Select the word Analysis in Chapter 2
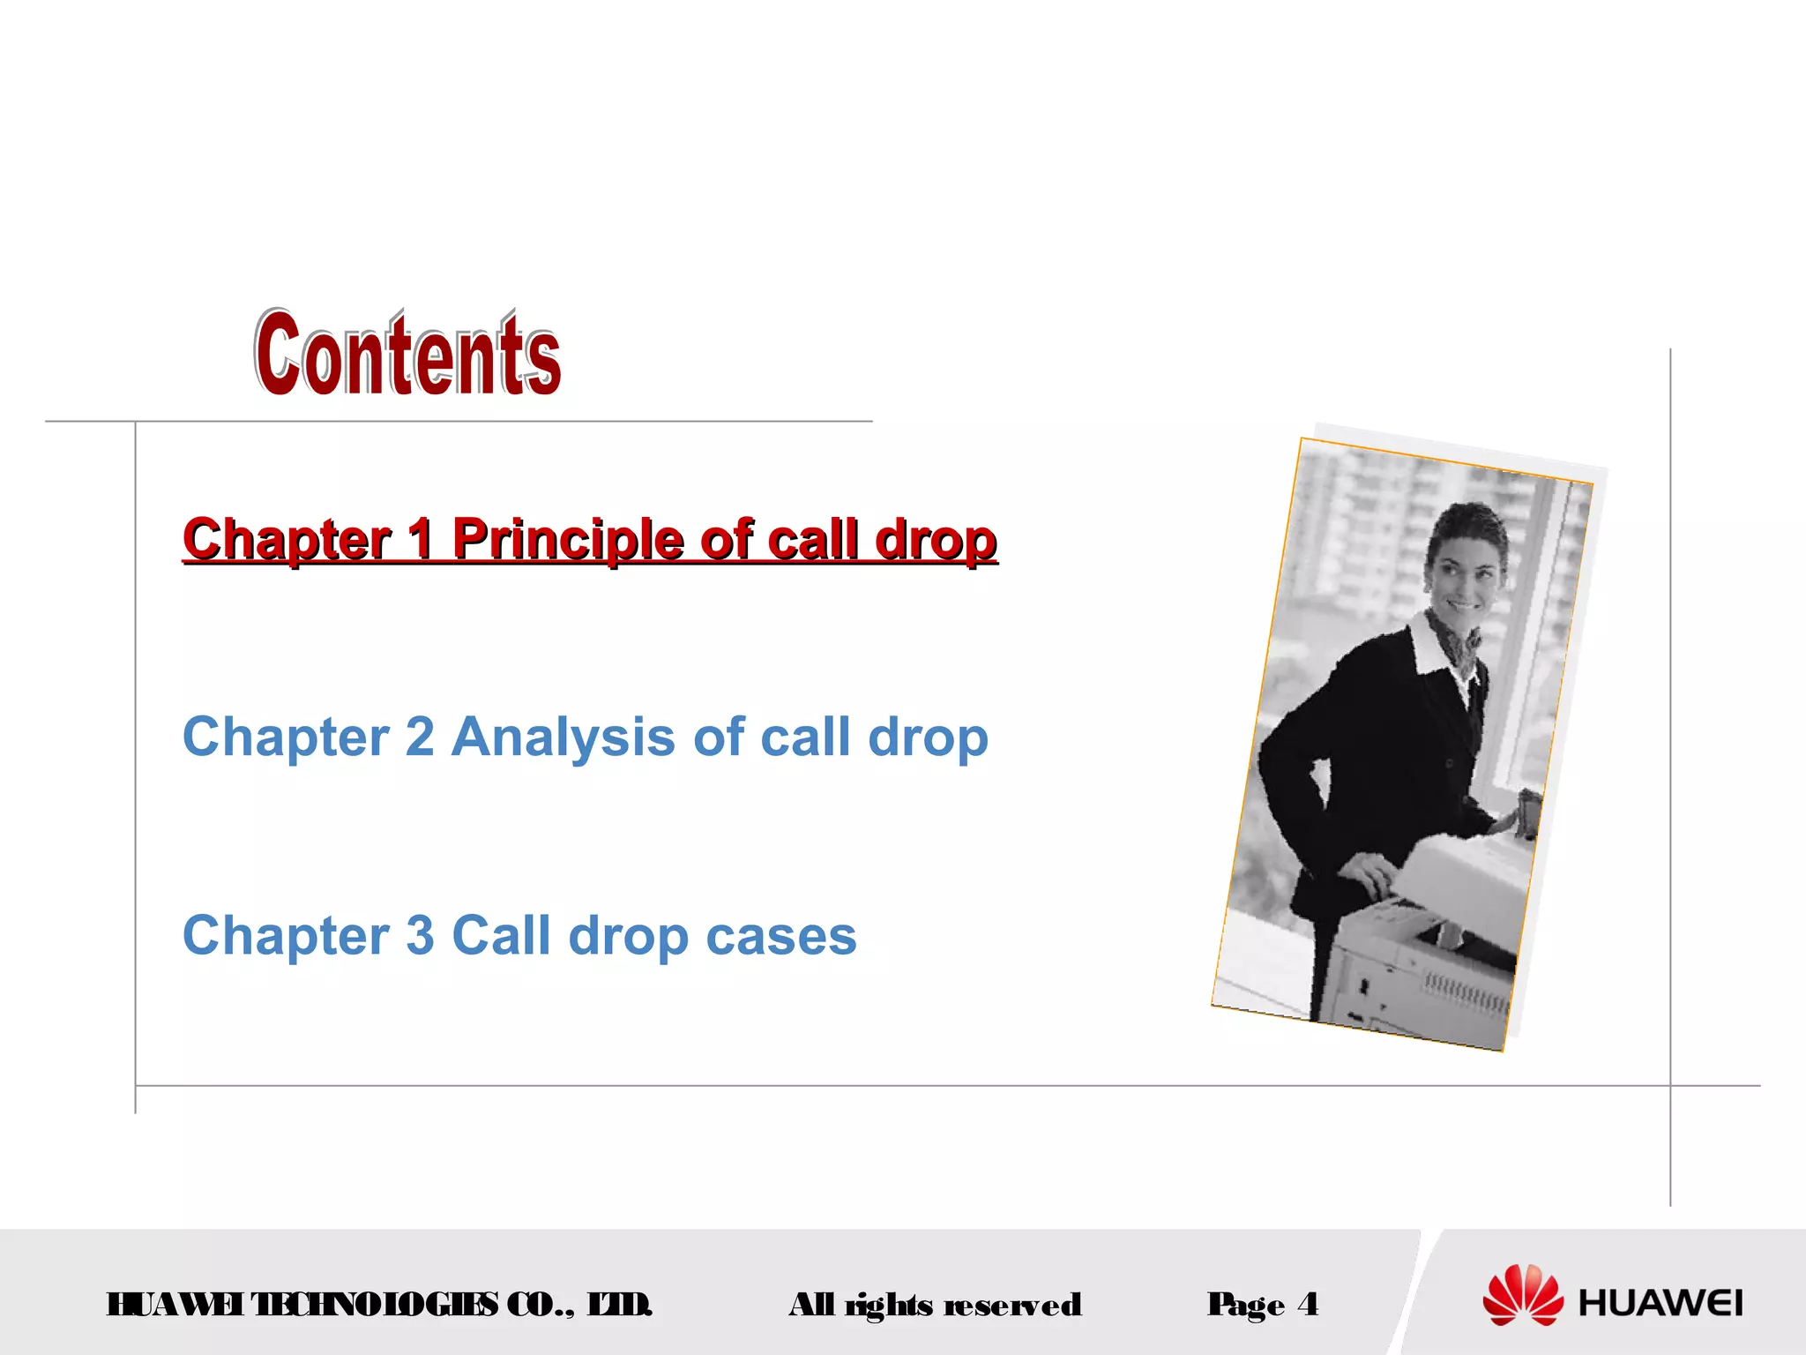(563, 737)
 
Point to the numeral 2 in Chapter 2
(420, 737)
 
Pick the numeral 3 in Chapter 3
(420, 935)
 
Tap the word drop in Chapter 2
(928, 738)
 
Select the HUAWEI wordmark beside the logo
(1660, 1303)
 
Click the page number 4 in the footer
(1308, 1303)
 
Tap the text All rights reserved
(935, 1305)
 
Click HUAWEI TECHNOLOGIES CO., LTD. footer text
(379, 1304)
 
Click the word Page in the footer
(1245, 1305)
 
